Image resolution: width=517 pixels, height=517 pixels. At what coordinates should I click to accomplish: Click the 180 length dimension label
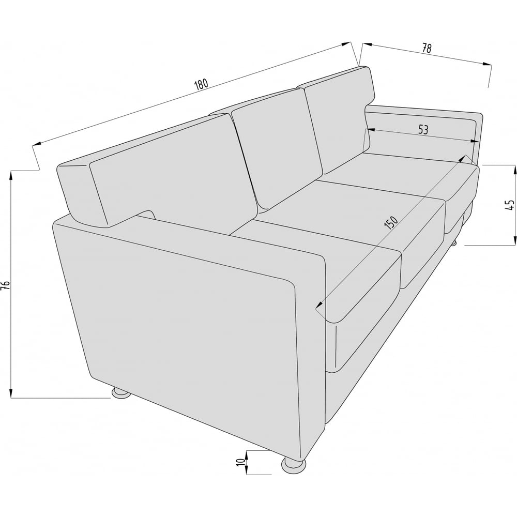201,84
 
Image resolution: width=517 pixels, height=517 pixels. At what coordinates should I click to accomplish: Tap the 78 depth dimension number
427,48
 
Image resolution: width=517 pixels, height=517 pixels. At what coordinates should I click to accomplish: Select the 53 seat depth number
423,130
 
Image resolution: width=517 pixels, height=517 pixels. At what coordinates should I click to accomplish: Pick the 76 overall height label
6,285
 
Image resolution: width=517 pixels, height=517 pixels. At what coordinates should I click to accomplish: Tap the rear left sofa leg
120,392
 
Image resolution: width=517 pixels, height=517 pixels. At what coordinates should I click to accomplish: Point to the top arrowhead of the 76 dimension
11,175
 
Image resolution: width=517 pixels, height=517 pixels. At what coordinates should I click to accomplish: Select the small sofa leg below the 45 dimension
454,242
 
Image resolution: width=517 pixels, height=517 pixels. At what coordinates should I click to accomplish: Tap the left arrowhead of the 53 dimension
370,130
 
